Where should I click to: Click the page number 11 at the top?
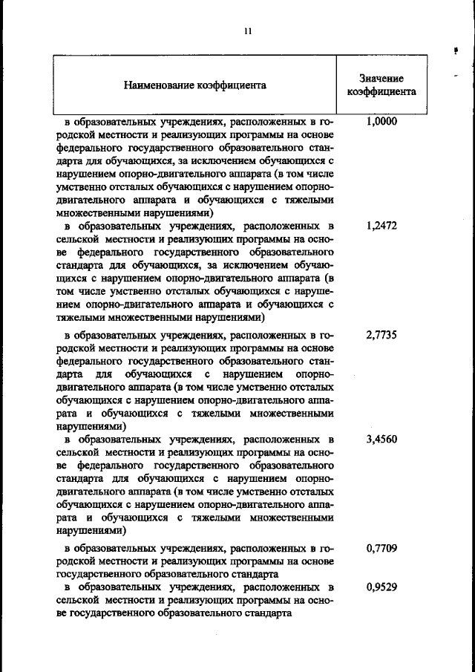pos(248,31)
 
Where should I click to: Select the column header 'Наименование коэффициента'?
pos(194,85)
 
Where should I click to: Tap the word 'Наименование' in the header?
pos(160,85)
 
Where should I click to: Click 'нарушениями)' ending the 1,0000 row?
pos(162,212)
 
